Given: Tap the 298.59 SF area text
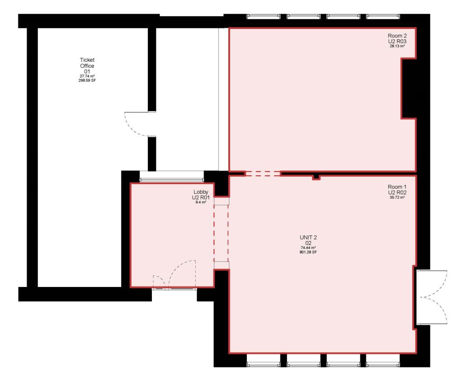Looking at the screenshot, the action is [87, 80].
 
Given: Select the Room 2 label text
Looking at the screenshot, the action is [397, 36].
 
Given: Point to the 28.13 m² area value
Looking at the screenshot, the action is [397, 46].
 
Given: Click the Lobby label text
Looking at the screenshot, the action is [201, 192].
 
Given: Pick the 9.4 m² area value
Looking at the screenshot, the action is [201, 202].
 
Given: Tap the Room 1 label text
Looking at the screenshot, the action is [397, 187].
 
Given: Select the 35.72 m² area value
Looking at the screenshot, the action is [397, 197].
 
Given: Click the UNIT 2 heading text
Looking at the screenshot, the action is [308, 238].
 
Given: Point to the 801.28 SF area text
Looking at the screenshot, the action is [308, 252].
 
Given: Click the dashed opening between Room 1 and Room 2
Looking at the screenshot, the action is [263, 174].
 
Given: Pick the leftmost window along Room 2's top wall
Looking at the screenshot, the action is [263, 17].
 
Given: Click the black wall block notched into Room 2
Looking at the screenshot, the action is [409, 89].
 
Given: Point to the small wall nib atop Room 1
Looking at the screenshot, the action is [316, 178].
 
